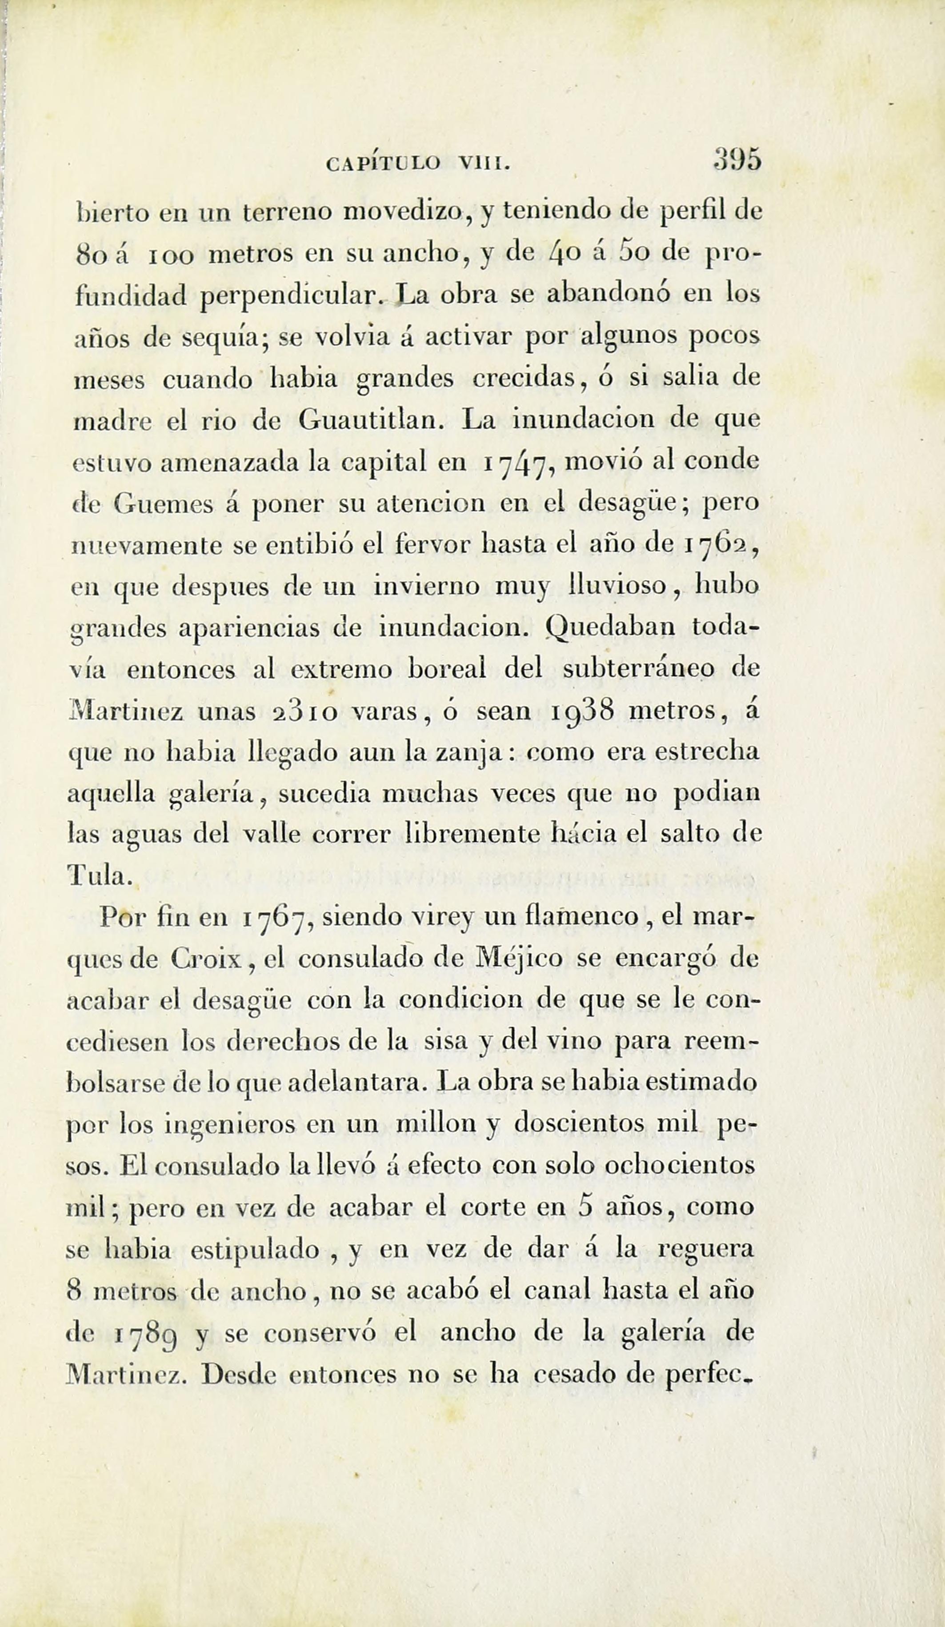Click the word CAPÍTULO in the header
coord(383,164)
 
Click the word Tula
coord(100,875)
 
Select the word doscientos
coord(580,1124)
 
